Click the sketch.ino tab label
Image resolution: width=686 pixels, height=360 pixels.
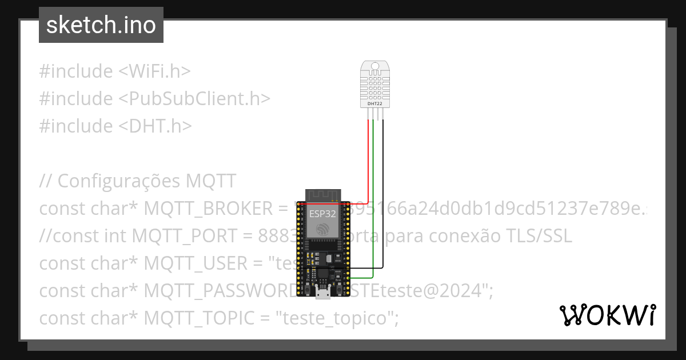[101, 25]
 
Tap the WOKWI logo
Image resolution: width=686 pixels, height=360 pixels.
[608, 315]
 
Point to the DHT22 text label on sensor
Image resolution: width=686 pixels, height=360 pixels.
[375, 103]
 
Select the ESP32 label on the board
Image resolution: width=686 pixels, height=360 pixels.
[322, 214]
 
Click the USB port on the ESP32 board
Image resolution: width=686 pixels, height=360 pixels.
[323, 294]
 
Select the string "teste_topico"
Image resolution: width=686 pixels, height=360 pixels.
[337, 318]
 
